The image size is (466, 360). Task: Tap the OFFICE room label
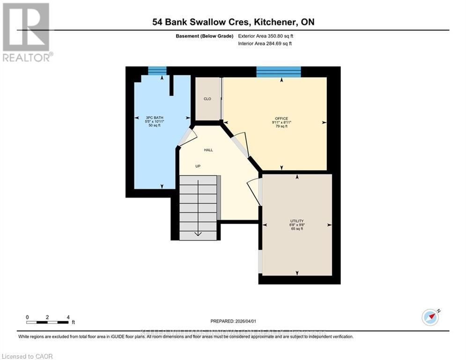tap(281, 118)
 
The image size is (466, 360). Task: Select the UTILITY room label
tap(297, 221)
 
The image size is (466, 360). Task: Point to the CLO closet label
tap(207, 99)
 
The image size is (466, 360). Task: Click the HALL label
tap(208, 150)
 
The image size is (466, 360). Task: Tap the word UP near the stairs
tap(199, 166)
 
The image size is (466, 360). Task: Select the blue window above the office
tap(278, 71)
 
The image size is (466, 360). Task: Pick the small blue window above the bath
tap(157, 71)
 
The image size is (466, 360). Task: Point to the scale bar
tap(48, 322)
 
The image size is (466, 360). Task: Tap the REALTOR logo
tap(26, 32)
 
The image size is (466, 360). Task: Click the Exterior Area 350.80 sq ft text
tap(266, 36)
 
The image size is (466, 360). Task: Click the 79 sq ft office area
tap(281, 127)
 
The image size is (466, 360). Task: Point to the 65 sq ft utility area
tap(297, 229)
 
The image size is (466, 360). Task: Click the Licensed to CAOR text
tap(28, 356)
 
